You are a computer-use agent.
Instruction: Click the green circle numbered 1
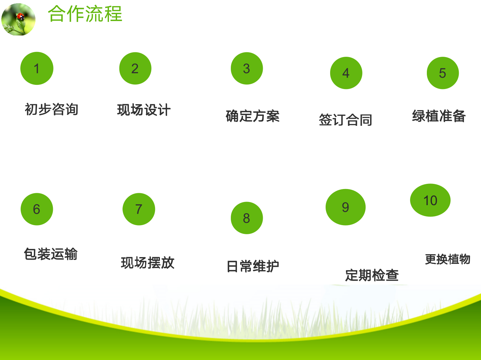click(x=37, y=68)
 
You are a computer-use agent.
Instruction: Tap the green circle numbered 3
click(x=247, y=68)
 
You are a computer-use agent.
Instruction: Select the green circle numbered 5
click(x=443, y=73)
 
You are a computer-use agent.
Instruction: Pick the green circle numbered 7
click(x=139, y=209)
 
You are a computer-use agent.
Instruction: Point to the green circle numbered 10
click(x=430, y=200)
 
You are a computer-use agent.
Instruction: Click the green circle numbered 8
click(x=247, y=218)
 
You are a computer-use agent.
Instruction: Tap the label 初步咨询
click(x=52, y=109)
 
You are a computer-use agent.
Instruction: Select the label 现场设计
click(x=144, y=110)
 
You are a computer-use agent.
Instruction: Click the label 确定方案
click(x=253, y=116)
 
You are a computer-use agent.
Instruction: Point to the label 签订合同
click(x=346, y=120)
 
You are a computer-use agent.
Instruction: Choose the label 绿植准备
click(x=439, y=116)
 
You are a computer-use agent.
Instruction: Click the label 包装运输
click(x=51, y=254)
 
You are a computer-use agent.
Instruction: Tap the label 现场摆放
click(x=148, y=263)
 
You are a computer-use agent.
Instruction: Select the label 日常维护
click(x=253, y=266)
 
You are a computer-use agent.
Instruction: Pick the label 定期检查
click(x=372, y=275)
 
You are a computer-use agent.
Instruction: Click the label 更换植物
click(x=448, y=259)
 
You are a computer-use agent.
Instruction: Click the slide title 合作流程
click(x=85, y=14)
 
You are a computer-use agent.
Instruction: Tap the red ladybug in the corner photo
click(x=21, y=17)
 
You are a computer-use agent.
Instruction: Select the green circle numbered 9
click(x=346, y=207)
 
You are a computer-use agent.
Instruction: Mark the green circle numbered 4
click(x=346, y=73)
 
